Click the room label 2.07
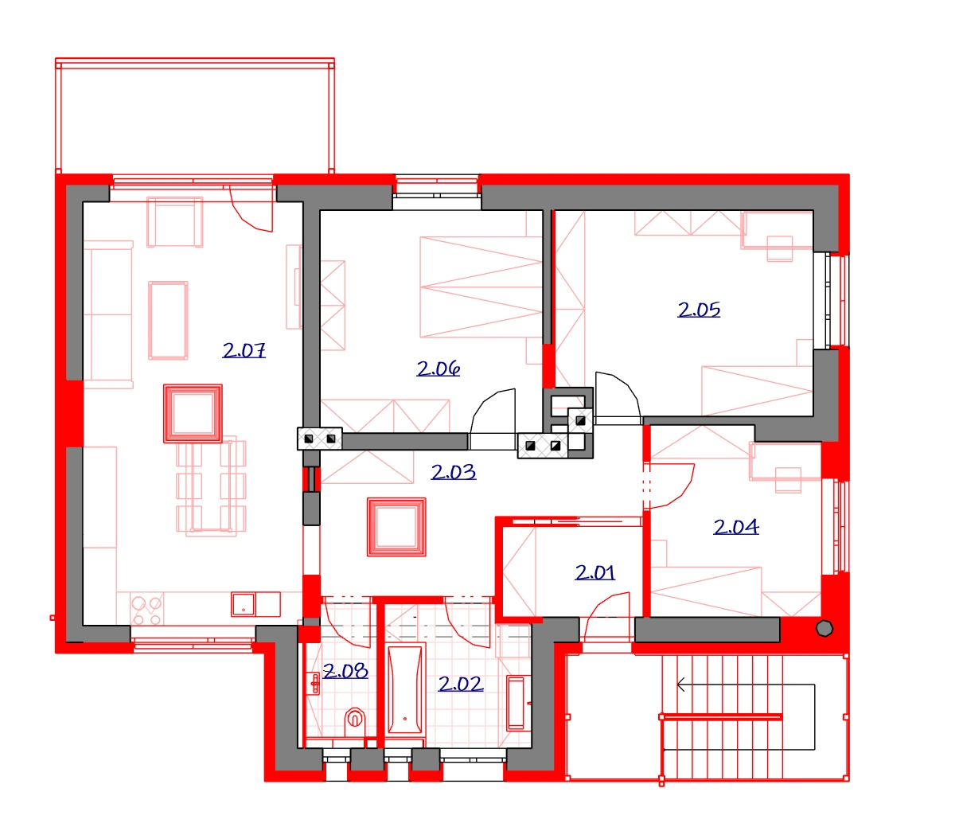click(x=244, y=350)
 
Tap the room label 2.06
click(x=438, y=369)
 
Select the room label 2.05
click(x=698, y=310)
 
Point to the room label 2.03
click(x=454, y=472)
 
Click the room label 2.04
click(x=735, y=527)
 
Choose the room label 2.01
click(x=594, y=572)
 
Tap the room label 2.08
click(x=345, y=671)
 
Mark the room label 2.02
click(x=460, y=685)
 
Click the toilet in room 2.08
click(x=354, y=722)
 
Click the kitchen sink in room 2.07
click(x=255, y=604)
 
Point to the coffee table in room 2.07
click(x=168, y=320)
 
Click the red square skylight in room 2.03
click(x=396, y=527)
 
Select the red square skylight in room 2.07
click(x=193, y=414)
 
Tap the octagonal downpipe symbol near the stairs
click(x=824, y=628)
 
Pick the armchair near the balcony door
click(x=174, y=222)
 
